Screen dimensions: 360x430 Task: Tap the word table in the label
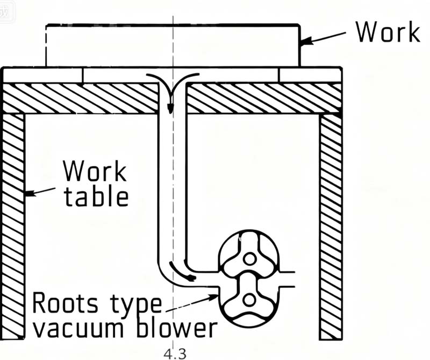96,196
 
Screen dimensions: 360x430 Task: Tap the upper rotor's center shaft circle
248,259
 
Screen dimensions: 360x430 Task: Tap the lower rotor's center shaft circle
248,299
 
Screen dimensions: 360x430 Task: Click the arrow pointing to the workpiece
322,38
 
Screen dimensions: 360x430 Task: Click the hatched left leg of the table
13,226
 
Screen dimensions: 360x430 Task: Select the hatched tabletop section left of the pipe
81,97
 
